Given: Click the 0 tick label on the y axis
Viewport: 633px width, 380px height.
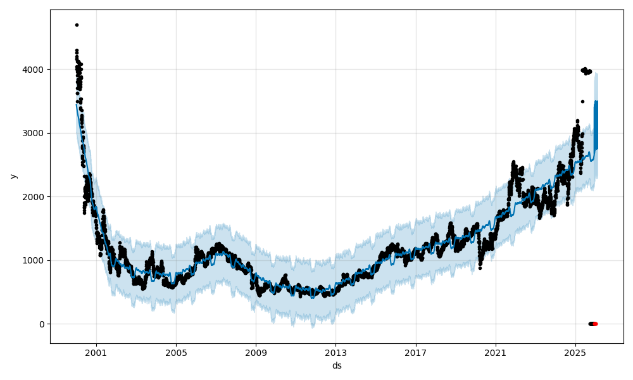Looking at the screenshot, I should tap(42, 324).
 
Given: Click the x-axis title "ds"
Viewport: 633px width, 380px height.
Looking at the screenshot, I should tap(337, 365).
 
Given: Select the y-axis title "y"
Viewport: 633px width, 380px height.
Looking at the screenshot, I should tap(13, 176).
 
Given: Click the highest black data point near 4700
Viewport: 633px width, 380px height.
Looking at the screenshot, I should tap(77, 25).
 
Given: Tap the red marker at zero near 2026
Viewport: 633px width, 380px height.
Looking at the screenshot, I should tap(595, 324).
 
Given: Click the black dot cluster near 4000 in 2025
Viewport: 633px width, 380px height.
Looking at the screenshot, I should tap(586, 71).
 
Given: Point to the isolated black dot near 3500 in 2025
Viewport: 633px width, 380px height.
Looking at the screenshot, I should tap(582, 101).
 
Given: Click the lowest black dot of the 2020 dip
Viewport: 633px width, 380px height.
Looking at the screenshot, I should tap(480, 268).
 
